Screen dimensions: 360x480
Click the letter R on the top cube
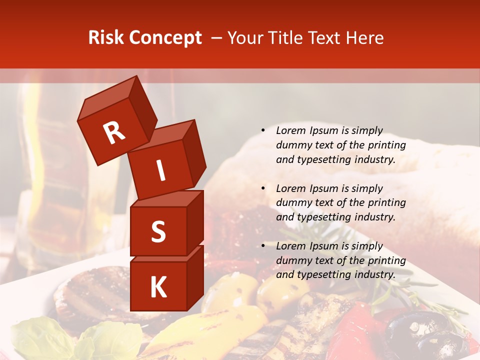point(114,133)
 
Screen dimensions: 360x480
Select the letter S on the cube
point(158,232)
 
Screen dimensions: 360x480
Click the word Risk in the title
point(106,37)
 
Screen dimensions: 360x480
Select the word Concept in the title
point(164,38)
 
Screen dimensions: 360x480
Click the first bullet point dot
point(263,131)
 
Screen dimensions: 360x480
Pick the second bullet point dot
point(263,188)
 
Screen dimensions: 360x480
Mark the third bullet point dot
point(263,246)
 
